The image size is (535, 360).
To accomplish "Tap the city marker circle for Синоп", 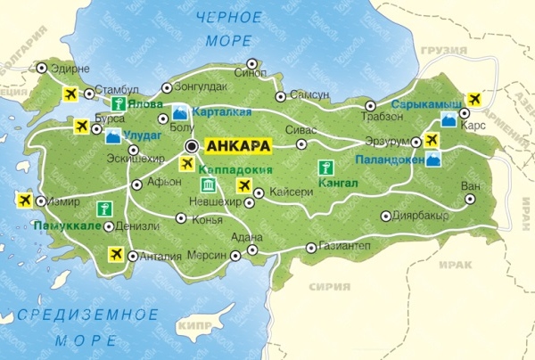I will [x=252, y=63].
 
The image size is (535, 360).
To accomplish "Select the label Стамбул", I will [x=119, y=90].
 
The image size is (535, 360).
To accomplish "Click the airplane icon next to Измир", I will [x=24, y=200].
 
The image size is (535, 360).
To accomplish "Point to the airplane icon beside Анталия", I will [x=113, y=254].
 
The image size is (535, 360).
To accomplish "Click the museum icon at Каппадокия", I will [x=209, y=184].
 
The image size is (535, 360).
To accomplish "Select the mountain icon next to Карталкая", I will [x=180, y=112].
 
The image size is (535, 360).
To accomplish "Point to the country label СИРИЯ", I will [x=329, y=287].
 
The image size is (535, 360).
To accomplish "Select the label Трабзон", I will [x=384, y=118].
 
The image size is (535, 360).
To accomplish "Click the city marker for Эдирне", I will [x=41, y=67].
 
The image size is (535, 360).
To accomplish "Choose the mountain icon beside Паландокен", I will [x=433, y=160].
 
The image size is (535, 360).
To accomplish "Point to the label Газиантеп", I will [x=349, y=248].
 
